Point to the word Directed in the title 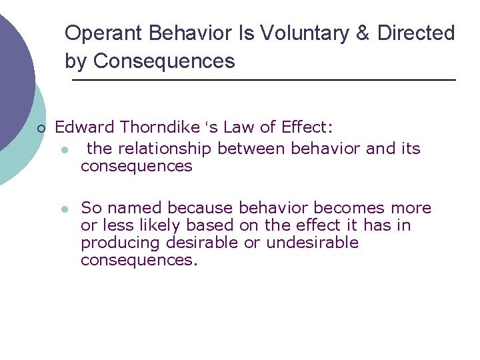pyautogui.click(x=416, y=33)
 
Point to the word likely pyautogui.click(x=160, y=225)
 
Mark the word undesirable pyautogui.click(x=312, y=243)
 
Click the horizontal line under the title pyautogui.click(x=263, y=81)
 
